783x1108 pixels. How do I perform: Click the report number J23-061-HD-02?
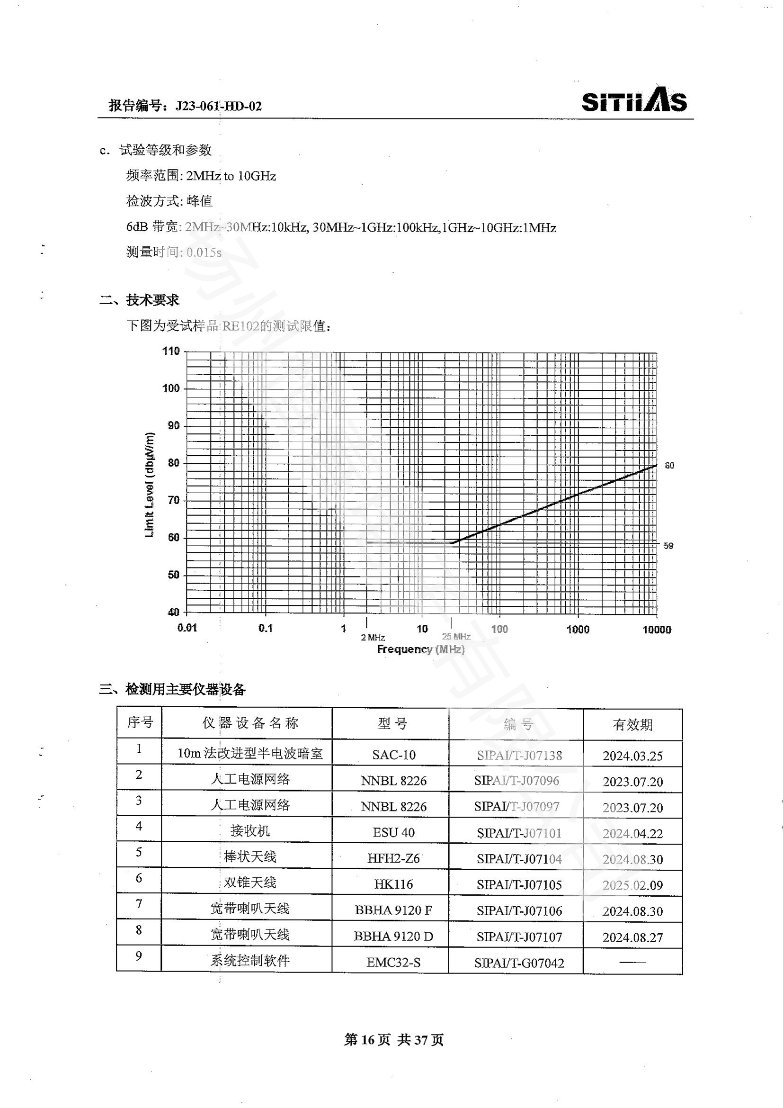point(218,106)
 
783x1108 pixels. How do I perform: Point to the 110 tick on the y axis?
point(171,351)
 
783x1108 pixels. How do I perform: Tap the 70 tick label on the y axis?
point(173,500)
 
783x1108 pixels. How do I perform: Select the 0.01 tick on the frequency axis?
point(187,628)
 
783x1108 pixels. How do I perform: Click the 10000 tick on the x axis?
point(657,629)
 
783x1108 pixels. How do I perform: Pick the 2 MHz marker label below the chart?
point(373,638)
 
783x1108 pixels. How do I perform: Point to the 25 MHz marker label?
point(456,637)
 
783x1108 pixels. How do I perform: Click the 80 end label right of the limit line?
point(669,466)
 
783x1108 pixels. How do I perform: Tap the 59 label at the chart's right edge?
point(668,546)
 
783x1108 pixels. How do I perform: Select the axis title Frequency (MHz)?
point(420,649)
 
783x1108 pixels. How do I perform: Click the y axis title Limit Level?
point(150,485)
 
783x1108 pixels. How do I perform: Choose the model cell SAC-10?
point(393,755)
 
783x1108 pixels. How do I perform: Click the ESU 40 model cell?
point(393,832)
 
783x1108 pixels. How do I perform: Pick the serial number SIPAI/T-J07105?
point(519,884)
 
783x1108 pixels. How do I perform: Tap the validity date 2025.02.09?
point(632,885)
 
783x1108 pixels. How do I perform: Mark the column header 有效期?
point(632,725)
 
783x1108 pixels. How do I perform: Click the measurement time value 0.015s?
point(204,252)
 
